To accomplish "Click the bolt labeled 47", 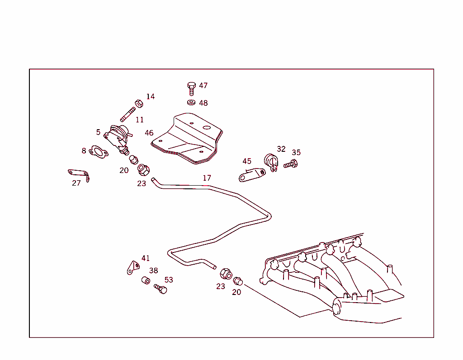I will [191, 88].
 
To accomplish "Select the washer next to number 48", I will [191, 102].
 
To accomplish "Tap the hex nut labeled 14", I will [139, 103].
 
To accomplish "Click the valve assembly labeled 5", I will [118, 136].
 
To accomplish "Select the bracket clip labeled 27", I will [80, 174].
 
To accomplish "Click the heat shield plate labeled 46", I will [188, 137].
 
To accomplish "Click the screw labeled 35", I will [290, 164].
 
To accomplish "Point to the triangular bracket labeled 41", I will [132, 267].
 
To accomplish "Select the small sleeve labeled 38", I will [146, 281].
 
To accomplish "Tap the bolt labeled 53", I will [161, 289].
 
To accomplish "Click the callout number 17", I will [207, 178].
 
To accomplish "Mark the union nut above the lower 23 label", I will [226, 274].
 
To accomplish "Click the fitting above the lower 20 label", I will [238, 281].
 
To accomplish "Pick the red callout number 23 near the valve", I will [142, 183].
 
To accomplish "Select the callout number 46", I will [149, 133].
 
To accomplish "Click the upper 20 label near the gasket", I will [124, 170].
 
